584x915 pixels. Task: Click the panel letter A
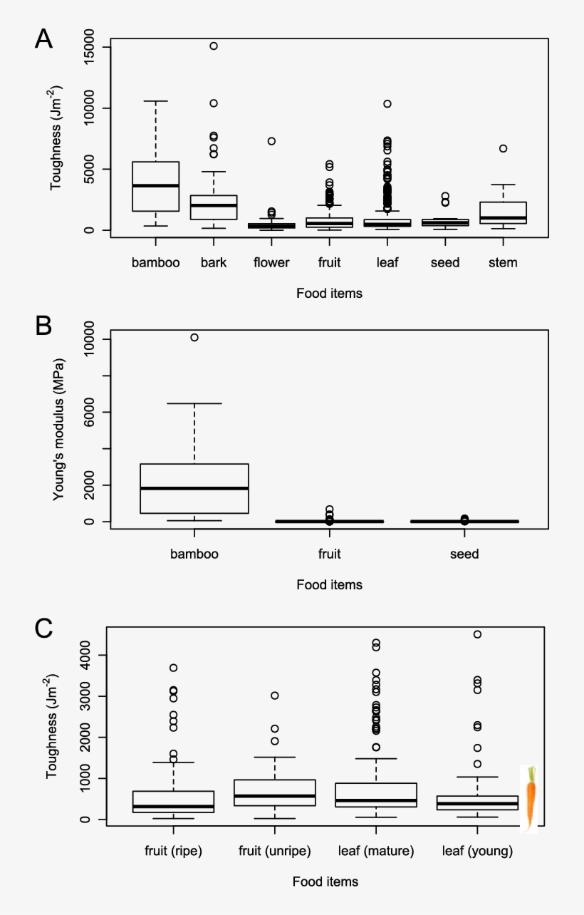pos(43,38)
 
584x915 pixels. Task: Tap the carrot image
pos(529,798)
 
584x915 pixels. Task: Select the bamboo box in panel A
pos(156,186)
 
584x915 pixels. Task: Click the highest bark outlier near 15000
pos(213,46)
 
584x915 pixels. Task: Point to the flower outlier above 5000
pos(271,141)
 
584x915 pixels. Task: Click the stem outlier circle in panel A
pos(503,148)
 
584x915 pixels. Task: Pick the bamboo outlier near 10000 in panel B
pos(194,337)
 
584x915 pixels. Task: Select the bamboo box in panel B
pos(194,488)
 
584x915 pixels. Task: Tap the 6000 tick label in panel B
pos(86,412)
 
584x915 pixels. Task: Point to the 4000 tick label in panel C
pos(86,655)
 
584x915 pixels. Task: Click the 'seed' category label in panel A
pos(445,262)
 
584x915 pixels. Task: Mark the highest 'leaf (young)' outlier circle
pos(477,634)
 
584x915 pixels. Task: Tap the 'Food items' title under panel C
pos(325,882)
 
